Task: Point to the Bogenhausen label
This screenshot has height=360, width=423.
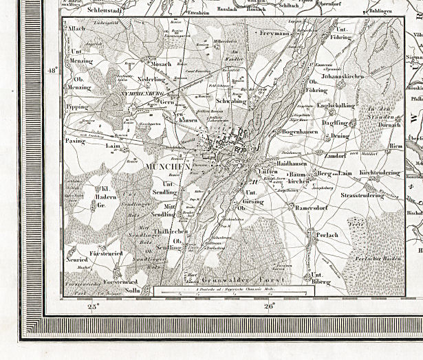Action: [296, 131]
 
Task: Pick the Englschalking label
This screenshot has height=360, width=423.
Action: [336, 105]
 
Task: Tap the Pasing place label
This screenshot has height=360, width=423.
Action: [75, 140]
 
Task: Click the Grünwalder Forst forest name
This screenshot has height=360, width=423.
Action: [235, 280]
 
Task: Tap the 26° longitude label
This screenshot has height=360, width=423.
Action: [269, 307]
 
